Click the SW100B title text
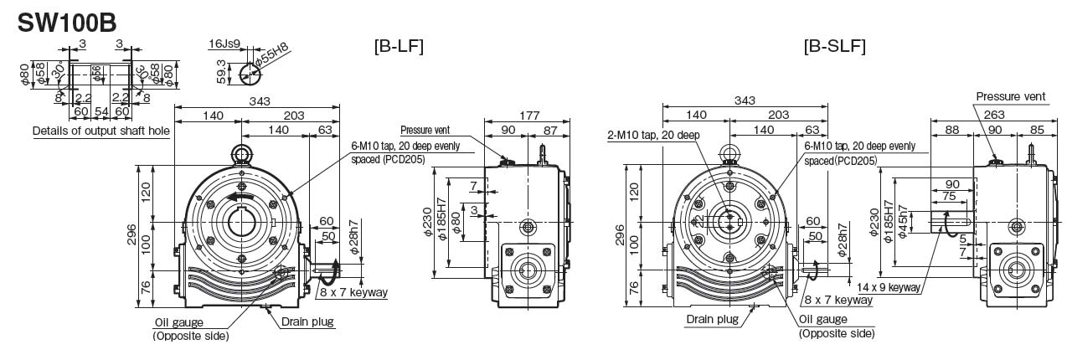[x=67, y=21]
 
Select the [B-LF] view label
[x=398, y=46]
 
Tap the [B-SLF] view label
[x=834, y=46]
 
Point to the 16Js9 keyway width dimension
[x=225, y=42]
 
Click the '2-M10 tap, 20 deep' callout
[x=654, y=135]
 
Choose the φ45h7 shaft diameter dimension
[x=902, y=220]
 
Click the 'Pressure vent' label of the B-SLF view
[x=1011, y=97]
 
